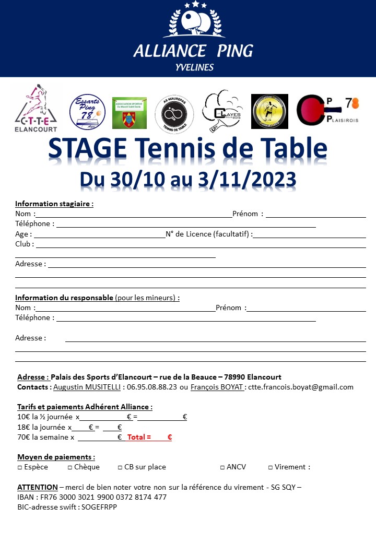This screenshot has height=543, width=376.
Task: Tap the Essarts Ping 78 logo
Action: pos(87,111)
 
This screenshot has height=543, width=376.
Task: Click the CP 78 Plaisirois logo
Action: pos(327,111)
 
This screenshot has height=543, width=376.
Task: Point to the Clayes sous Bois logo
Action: pos(222,111)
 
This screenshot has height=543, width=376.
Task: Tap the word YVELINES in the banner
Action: pos(194,67)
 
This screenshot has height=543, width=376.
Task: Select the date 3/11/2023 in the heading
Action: pos(248,179)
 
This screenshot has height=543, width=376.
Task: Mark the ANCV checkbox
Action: pos(222,467)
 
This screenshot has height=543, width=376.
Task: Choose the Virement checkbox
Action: pos(271,467)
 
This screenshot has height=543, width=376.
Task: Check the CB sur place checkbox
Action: pos(120,467)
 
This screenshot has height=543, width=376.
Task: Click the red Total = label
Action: pos(139,437)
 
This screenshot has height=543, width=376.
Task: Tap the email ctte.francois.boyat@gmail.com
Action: pos(301,387)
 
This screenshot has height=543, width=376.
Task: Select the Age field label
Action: pos(22,234)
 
